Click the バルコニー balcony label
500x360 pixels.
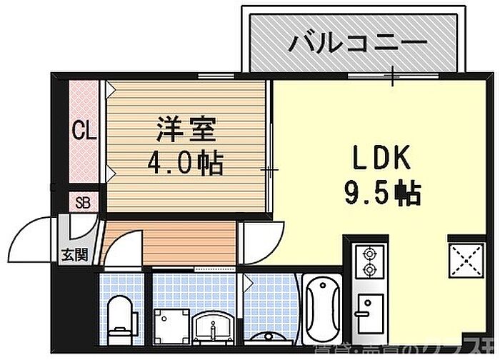point(357,43)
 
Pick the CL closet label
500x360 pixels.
point(86,131)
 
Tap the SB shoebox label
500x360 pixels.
point(83,201)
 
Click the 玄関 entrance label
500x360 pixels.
point(74,254)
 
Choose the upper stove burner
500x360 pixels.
point(370,253)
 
